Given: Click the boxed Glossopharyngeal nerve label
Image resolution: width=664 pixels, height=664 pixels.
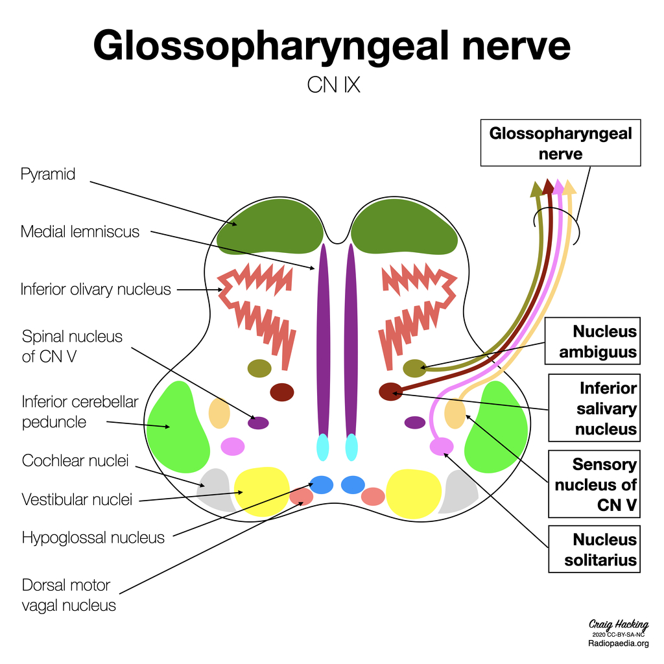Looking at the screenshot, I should [x=560, y=143].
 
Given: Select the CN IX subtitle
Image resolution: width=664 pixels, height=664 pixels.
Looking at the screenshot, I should [x=333, y=85].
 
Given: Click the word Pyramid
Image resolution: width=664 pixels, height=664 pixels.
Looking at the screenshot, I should [x=48, y=174].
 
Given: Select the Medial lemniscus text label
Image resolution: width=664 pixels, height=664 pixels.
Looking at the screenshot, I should [x=80, y=231].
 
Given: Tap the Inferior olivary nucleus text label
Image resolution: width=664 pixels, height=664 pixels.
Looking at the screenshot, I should [x=95, y=289].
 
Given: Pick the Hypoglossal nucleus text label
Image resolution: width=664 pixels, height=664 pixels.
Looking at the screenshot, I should [x=93, y=538].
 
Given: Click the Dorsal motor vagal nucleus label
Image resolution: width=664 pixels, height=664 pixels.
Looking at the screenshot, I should [x=69, y=595].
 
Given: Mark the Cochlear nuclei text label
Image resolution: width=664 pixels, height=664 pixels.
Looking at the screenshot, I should [x=75, y=461].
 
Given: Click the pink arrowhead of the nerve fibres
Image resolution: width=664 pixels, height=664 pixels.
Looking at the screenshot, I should [x=558, y=187].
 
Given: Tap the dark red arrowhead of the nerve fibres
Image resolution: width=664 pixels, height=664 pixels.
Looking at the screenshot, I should [x=548, y=187].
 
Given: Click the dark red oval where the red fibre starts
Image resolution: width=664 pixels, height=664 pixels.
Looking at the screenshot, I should [x=390, y=391].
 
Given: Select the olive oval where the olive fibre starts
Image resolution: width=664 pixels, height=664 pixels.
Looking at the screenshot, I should [x=414, y=368].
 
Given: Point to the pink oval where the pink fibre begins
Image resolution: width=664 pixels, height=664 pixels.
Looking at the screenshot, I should [x=442, y=446].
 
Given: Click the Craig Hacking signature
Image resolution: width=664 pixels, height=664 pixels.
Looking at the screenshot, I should [x=618, y=624].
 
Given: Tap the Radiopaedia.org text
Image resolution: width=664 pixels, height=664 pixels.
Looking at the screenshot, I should [x=618, y=643].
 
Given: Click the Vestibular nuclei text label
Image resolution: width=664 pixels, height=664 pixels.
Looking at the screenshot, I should [x=77, y=499].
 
